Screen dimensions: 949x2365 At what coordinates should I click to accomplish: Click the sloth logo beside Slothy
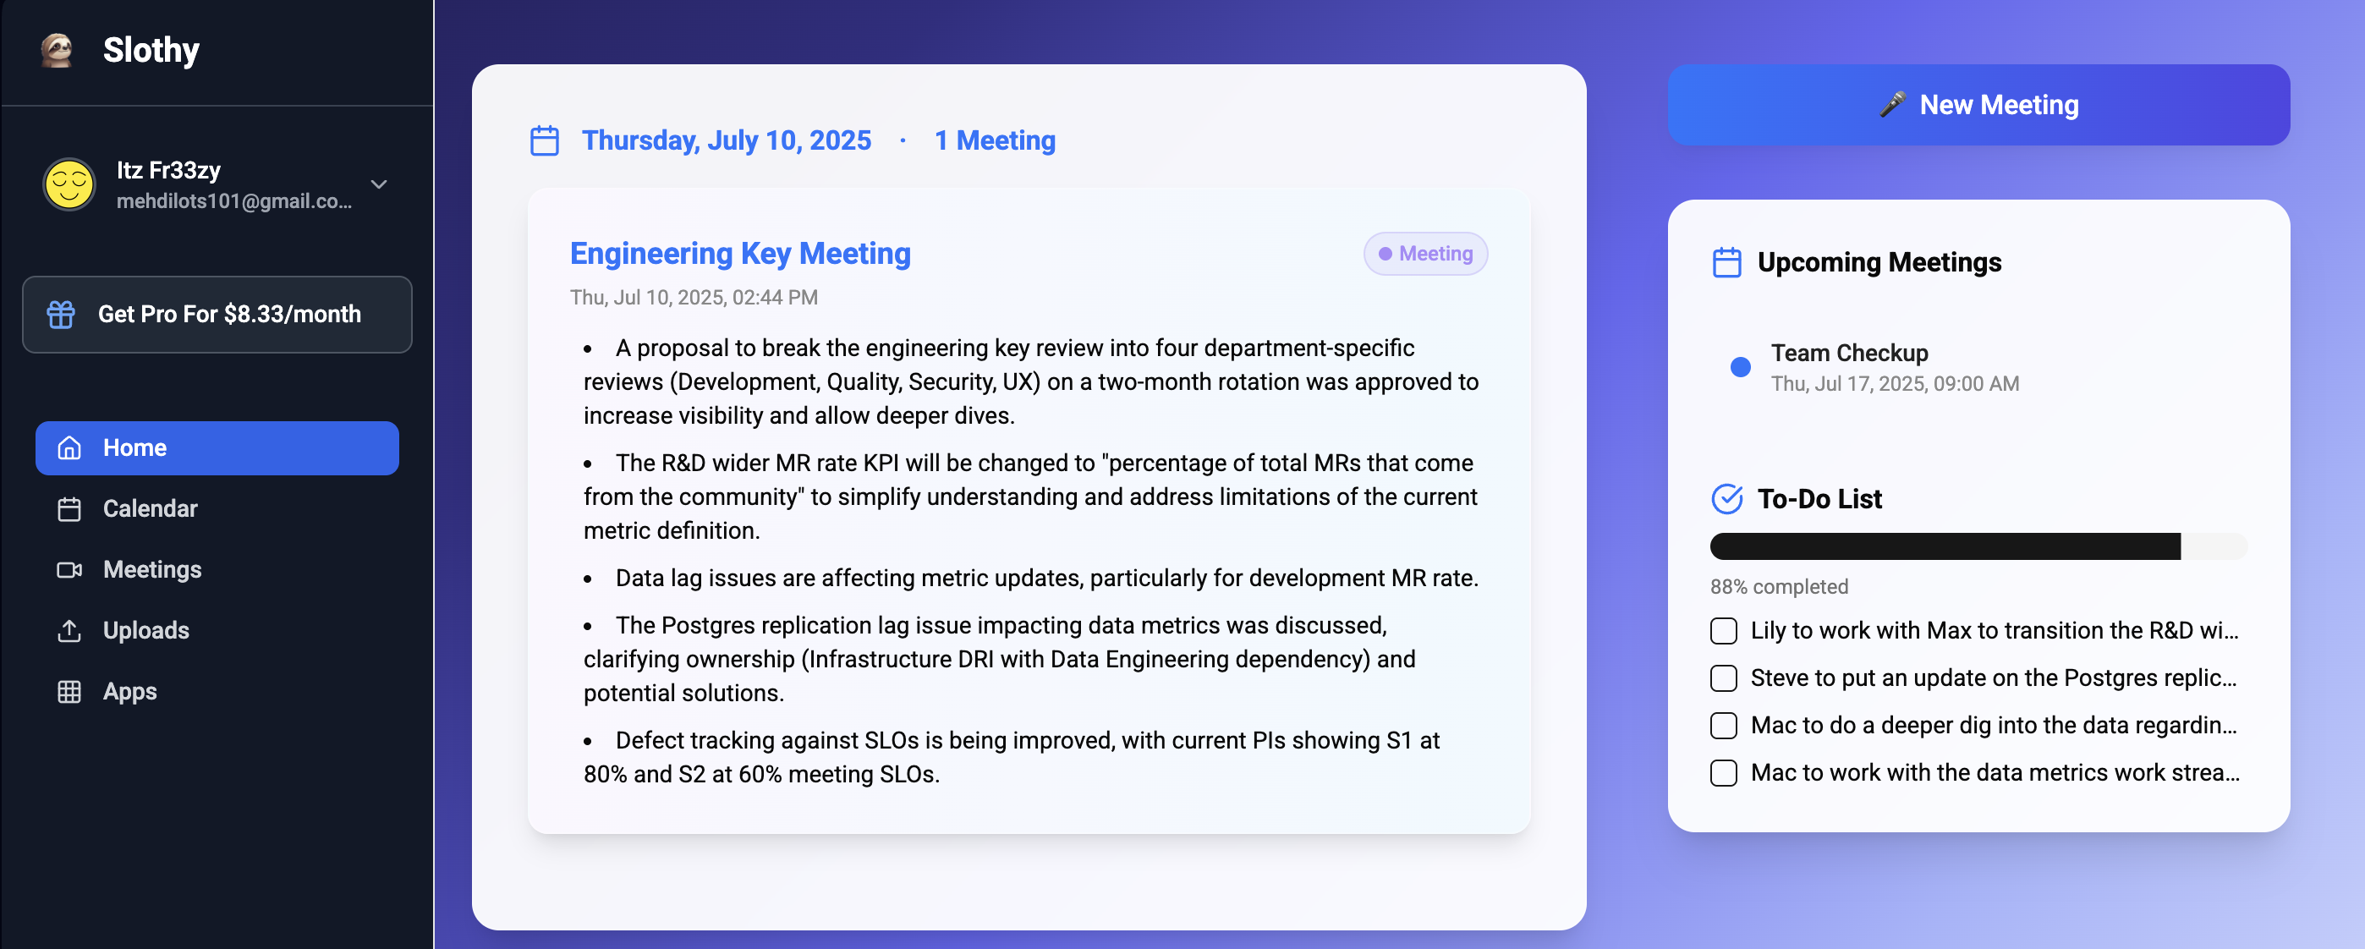point(57,50)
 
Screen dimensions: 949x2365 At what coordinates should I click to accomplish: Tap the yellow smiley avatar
point(69,184)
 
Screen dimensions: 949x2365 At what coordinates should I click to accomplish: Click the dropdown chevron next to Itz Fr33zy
point(378,184)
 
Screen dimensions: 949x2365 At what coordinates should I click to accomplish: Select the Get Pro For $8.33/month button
point(217,315)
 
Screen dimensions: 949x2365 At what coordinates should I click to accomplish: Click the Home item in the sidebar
point(217,448)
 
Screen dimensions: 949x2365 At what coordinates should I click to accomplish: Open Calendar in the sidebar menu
point(150,508)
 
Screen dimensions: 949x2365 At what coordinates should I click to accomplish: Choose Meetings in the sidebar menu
point(151,569)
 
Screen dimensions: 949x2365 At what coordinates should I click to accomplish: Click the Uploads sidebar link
point(146,630)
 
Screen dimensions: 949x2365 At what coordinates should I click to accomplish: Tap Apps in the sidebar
point(129,691)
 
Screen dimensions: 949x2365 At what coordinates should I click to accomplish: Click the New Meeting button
point(1978,105)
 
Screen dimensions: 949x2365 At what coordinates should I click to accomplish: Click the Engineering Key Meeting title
point(740,253)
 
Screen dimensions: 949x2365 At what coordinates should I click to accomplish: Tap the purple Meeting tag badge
point(1425,253)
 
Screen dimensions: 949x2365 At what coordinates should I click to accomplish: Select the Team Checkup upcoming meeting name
point(1849,354)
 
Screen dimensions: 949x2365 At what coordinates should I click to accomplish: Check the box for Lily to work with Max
point(1723,632)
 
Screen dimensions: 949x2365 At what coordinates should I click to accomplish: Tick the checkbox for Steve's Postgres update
point(1723,678)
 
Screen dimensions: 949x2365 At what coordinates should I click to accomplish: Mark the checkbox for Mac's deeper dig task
point(1723,726)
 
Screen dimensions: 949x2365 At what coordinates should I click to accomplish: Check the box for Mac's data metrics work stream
point(1723,773)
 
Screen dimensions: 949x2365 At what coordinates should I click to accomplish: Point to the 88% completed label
point(1778,586)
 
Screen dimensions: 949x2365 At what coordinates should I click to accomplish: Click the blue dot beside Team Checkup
point(1740,367)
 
